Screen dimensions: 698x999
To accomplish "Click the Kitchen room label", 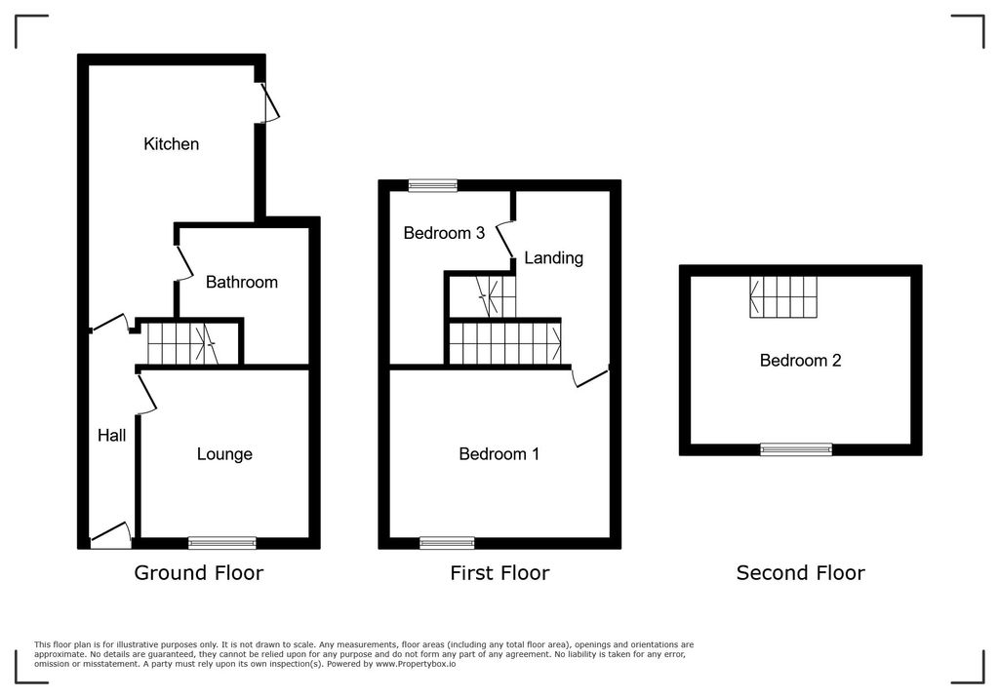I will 172,144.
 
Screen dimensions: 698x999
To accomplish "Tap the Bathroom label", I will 242,283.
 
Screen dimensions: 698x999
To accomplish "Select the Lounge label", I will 224,454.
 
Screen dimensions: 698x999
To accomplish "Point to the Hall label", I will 111,436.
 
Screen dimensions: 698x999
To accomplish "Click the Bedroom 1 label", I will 499,454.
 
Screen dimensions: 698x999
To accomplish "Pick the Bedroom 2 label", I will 800,361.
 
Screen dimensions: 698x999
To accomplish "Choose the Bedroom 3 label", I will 444,233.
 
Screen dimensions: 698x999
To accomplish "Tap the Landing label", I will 553,258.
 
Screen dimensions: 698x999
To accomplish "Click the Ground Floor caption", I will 198,573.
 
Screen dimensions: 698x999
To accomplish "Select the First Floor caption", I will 499,573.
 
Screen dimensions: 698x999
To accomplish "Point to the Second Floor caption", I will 800,573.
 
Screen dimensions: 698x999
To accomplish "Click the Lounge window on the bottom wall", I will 222,543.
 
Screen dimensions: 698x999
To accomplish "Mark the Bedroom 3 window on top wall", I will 432,185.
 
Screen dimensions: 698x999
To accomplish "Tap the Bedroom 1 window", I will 447,543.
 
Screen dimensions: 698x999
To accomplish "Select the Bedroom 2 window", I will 796,449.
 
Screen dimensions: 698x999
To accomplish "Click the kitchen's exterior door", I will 265,102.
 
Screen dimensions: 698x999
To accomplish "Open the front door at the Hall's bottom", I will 111,535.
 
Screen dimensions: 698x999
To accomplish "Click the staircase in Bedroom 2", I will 783,296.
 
